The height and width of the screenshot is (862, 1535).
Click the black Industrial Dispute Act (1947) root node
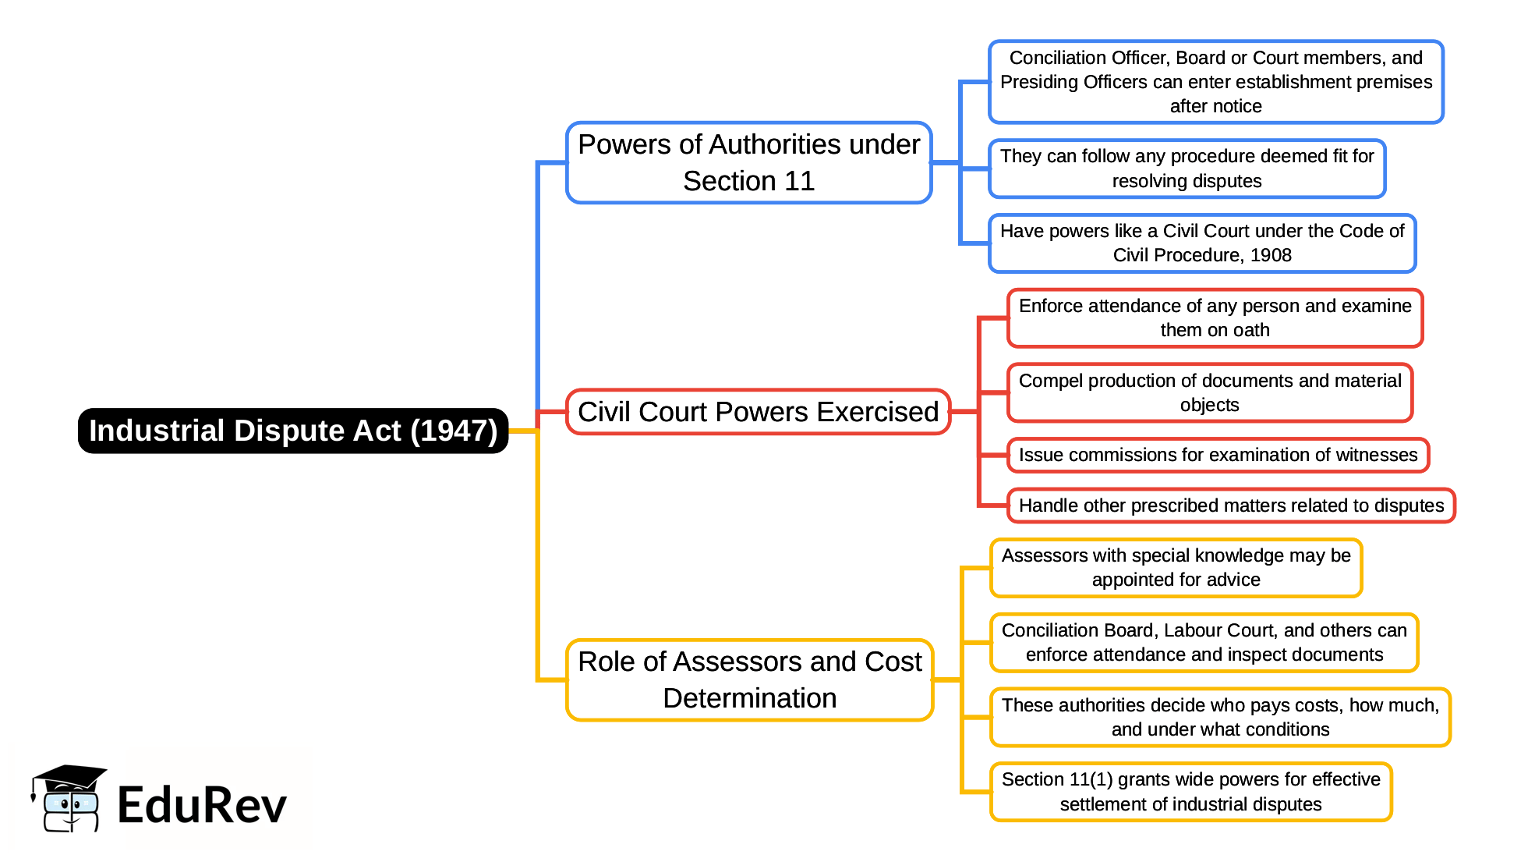[292, 431]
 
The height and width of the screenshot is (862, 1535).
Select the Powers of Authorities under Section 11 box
[748, 162]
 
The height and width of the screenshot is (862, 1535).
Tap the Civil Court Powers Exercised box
[758, 412]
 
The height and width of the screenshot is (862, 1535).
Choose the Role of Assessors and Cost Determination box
[749, 679]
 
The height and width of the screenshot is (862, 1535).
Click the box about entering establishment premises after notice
[1215, 82]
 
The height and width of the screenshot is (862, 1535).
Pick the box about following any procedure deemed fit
[1187, 168]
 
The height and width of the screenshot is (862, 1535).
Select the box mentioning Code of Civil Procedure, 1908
[1201, 243]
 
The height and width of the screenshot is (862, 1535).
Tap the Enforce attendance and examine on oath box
[1215, 317]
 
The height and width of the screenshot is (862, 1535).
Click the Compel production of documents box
[1209, 392]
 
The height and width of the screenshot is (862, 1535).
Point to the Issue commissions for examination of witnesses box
[1218, 455]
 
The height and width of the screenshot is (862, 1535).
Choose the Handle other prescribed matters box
[1231, 505]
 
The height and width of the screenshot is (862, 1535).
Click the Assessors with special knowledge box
[1176, 567]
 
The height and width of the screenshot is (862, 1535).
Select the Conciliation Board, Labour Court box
[1204, 642]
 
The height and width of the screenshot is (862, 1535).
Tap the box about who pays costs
[1220, 717]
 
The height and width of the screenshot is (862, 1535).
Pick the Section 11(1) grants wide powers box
[1190, 792]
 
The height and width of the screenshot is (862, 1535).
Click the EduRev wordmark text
[202, 806]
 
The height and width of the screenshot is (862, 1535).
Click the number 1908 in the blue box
[1271, 256]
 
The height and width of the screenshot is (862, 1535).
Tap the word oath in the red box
[1250, 331]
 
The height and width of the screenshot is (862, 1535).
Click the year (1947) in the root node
[454, 431]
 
